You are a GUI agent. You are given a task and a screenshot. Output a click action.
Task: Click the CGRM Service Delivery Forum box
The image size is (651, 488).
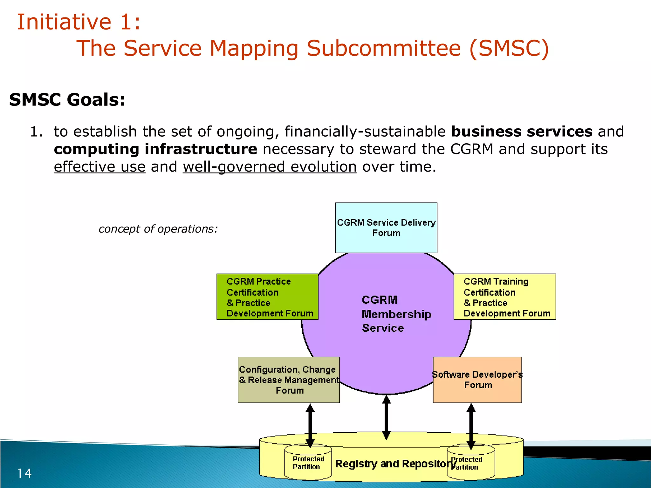point(386,227)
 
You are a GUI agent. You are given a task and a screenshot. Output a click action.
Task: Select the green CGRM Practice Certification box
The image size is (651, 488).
point(267,297)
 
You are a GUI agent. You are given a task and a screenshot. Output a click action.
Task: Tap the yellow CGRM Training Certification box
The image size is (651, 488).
point(504,297)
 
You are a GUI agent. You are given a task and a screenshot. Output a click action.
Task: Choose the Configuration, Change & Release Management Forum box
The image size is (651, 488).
point(288,380)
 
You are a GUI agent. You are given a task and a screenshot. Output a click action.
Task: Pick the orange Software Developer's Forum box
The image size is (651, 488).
point(477,380)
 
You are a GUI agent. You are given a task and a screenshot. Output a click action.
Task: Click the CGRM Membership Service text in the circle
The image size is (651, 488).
point(396,314)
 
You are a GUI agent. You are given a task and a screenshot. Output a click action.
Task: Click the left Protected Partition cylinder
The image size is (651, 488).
point(308,463)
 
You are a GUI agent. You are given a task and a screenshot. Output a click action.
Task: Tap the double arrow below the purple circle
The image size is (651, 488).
point(386,417)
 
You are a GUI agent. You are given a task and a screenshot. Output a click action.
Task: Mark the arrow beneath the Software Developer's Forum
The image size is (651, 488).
point(471,426)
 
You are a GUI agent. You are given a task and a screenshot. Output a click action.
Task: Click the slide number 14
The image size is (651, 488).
point(24,473)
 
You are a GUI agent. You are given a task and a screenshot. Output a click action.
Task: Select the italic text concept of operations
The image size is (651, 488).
point(158,229)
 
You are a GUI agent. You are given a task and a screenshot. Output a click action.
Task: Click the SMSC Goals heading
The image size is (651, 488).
point(67,100)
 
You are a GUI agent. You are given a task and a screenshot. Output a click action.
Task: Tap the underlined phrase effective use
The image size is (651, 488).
point(99,167)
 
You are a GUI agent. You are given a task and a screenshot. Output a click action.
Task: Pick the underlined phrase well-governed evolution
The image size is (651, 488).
point(270,167)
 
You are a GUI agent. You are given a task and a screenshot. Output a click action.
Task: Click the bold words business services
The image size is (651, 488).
point(522,132)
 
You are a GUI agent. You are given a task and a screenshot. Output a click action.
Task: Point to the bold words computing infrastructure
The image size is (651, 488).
point(155,149)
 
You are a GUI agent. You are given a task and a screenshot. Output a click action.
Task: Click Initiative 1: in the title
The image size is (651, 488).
point(79,22)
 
